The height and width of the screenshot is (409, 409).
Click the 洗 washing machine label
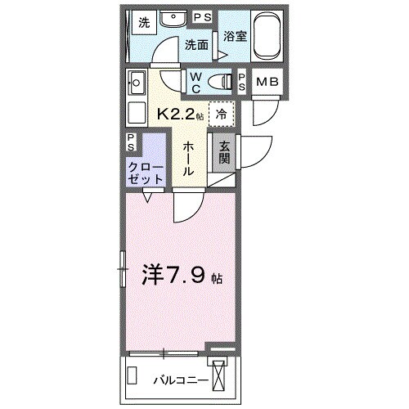click(143, 23)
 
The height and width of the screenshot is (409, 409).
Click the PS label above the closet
click(133, 142)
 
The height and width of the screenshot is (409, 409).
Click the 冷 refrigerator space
click(221, 115)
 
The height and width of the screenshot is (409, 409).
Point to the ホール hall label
click(188, 159)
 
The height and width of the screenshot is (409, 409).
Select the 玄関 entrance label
click(222, 153)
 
